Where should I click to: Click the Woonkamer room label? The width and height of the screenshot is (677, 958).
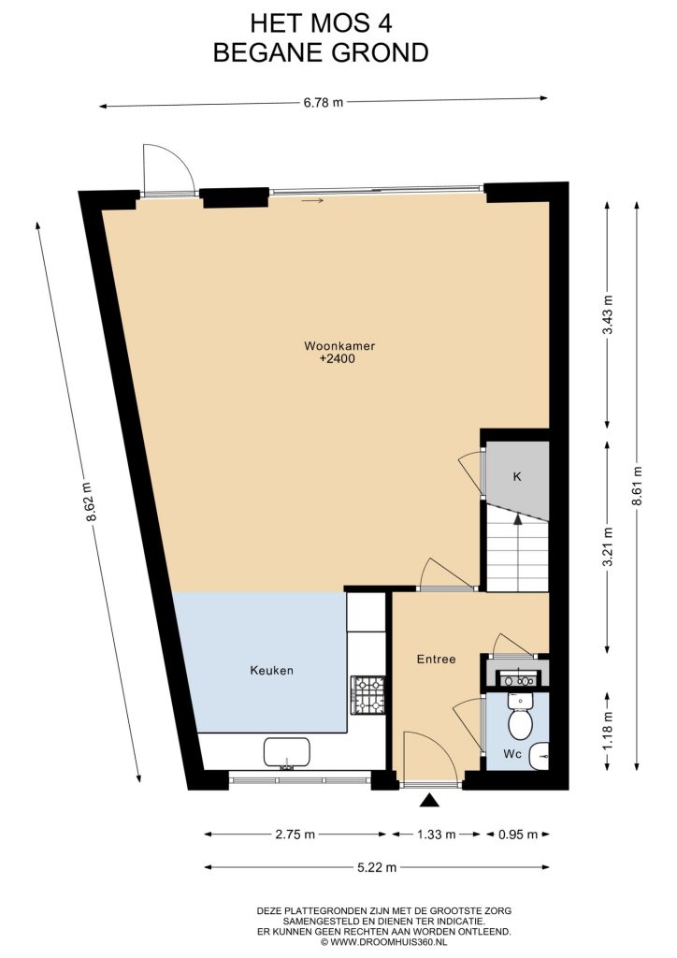pos(339,346)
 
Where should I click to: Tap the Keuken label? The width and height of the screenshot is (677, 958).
pos(272,670)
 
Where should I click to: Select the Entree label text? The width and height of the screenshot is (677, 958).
pos(436,660)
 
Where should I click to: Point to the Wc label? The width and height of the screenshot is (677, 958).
pos(512,754)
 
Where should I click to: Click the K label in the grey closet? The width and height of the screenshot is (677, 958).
pos(516,476)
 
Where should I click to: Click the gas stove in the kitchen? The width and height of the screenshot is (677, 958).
pos(368,695)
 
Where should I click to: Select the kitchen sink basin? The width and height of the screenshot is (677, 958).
pos(286,753)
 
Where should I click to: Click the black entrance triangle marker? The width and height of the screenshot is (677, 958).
pos(429,800)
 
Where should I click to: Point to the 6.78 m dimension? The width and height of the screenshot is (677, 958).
pos(324,102)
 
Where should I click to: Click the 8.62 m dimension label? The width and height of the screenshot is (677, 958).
pos(89,502)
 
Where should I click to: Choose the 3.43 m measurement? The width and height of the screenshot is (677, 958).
pos(608,314)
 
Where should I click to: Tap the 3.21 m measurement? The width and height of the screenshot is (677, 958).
pos(608,546)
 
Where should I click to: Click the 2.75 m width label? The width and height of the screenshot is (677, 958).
pos(295,834)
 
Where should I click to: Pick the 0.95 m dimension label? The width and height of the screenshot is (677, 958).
pos(518,834)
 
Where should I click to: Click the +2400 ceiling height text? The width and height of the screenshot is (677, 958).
pos(337,358)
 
